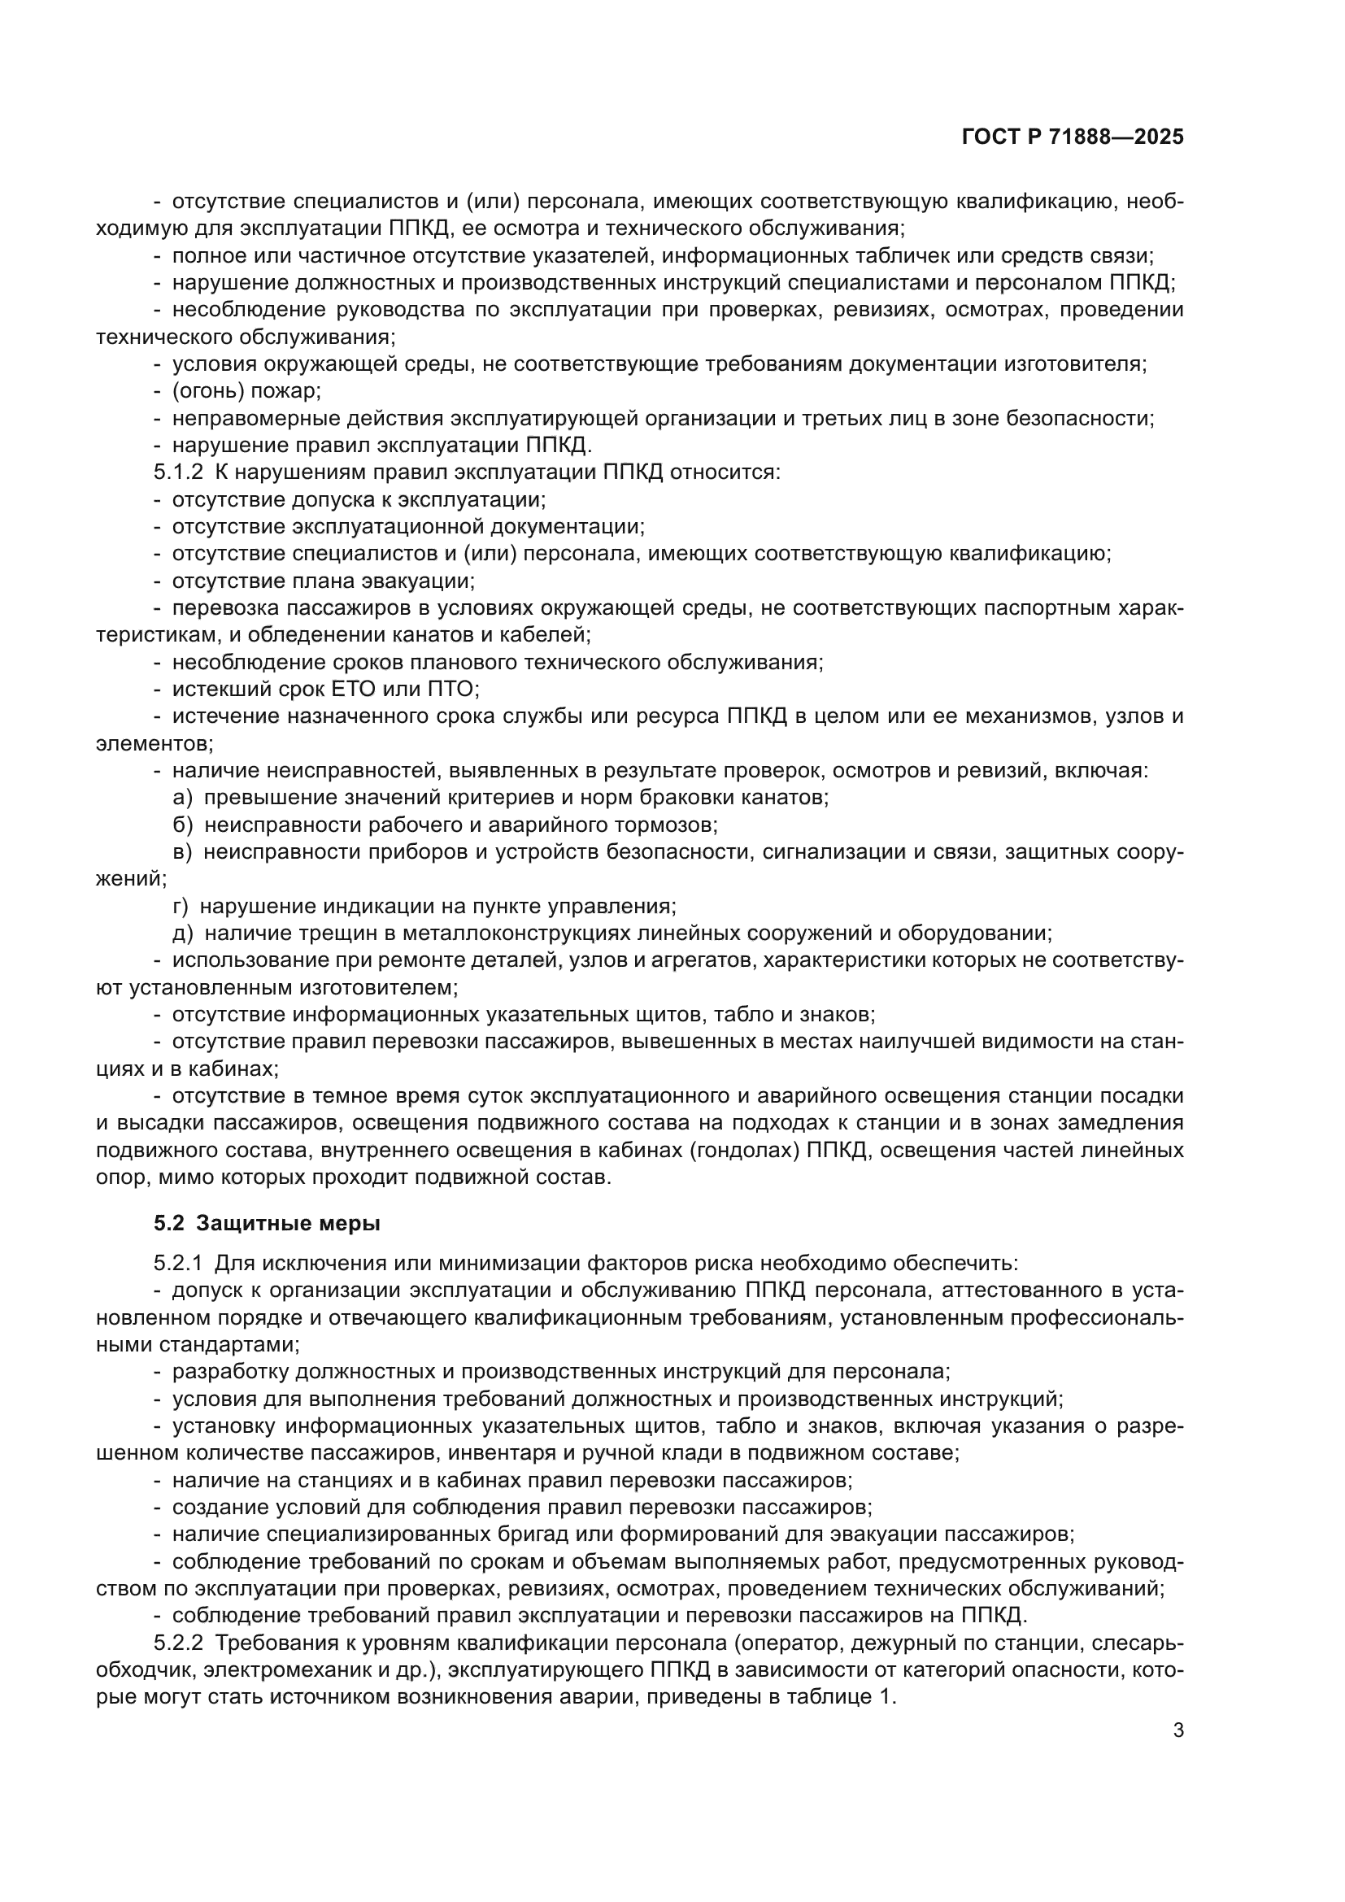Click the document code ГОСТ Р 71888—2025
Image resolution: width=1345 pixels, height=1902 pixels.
tap(1073, 137)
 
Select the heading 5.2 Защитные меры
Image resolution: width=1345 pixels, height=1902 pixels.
tap(267, 1224)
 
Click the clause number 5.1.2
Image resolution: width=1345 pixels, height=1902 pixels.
tap(178, 473)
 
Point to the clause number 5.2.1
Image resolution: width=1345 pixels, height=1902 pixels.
tap(178, 1264)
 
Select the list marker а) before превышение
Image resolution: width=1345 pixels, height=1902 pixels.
tap(182, 798)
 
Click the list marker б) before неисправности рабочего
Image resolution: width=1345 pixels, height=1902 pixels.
tap(182, 825)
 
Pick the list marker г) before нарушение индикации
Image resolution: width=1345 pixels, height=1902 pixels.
tap(180, 906)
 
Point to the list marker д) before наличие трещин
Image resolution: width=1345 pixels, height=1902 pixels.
tap(182, 934)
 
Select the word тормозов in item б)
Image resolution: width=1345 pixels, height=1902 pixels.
tap(669, 825)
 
